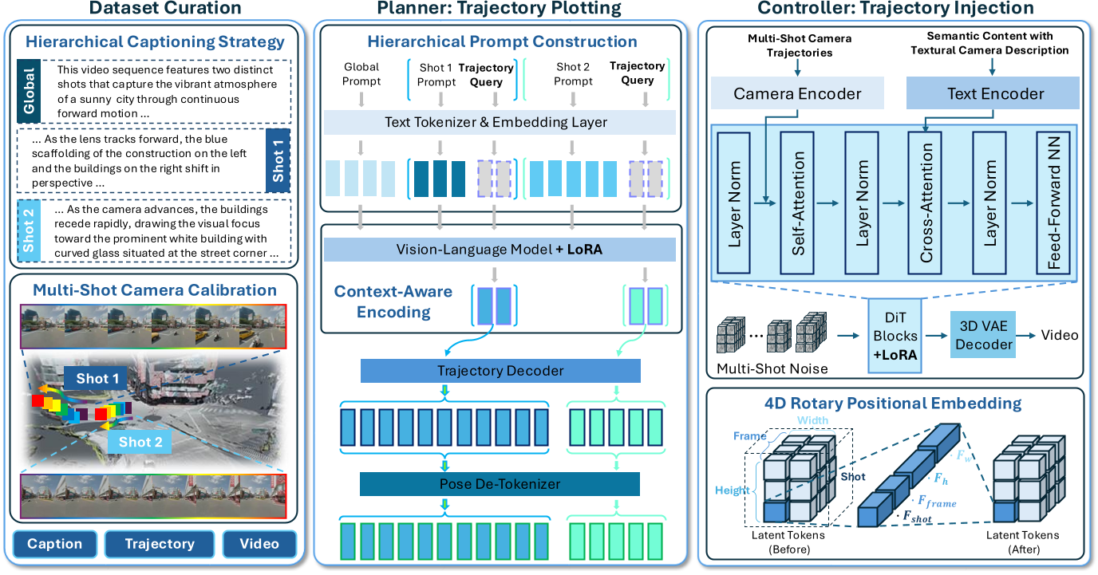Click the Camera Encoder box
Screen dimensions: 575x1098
(796, 94)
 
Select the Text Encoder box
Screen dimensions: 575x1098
(994, 94)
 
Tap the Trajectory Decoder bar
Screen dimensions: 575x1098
(500, 371)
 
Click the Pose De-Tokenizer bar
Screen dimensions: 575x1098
(500, 484)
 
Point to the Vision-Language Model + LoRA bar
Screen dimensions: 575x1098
(500, 249)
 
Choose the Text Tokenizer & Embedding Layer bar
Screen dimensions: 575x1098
(500, 122)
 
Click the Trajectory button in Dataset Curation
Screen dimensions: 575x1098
(160, 544)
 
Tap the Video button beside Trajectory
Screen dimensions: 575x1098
(259, 544)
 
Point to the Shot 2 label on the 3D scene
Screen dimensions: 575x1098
(140, 441)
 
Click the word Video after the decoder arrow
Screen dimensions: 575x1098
(1059, 335)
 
